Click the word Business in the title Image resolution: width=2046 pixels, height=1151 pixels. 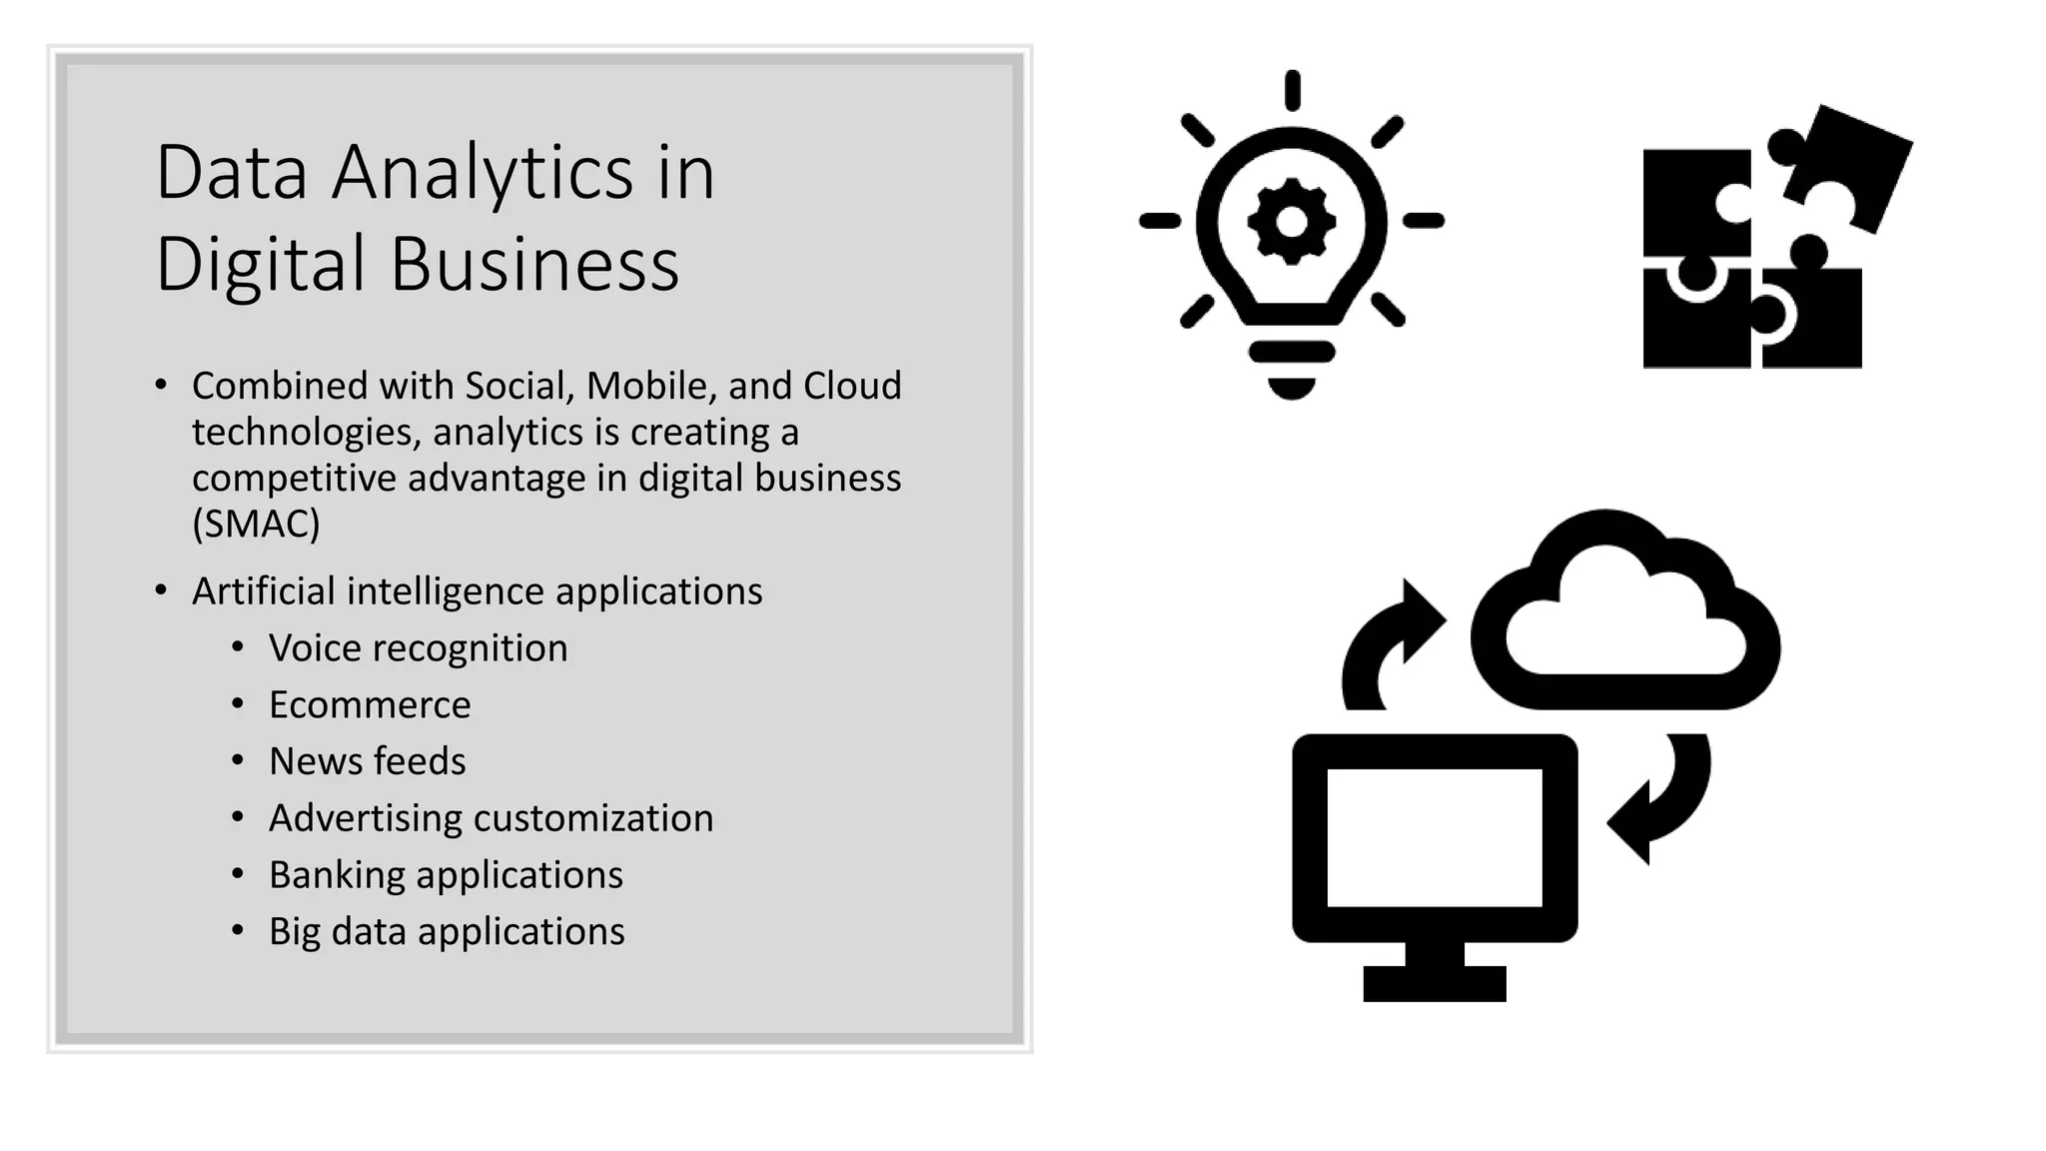(x=534, y=265)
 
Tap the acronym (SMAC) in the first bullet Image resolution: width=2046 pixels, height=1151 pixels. (x=256, y=524)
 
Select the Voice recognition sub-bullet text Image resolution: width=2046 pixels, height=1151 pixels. (x=418, y=648)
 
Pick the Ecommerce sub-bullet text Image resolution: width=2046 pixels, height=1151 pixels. (x=370, y=705)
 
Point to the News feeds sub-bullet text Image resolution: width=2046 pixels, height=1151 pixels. (x=367, y=761)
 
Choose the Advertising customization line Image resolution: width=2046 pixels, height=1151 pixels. (x=491, y=818)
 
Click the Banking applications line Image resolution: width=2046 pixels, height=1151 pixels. (x=446, y=875)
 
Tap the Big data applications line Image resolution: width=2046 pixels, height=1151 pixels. (x=447, y=931)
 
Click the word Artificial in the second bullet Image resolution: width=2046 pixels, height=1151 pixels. (x=264, y=591)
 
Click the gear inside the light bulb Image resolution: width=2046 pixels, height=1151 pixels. (x=1291, y=222)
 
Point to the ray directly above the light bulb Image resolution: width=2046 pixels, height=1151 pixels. (x=1292, y=90)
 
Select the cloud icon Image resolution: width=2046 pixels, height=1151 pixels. (x=1625, y=619)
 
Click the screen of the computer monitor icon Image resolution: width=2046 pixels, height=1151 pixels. (x=1434, y=837)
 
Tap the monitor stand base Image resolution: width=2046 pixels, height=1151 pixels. (x=1435, y=983)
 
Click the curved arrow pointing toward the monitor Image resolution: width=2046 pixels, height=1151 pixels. (x=1662, y=799)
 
